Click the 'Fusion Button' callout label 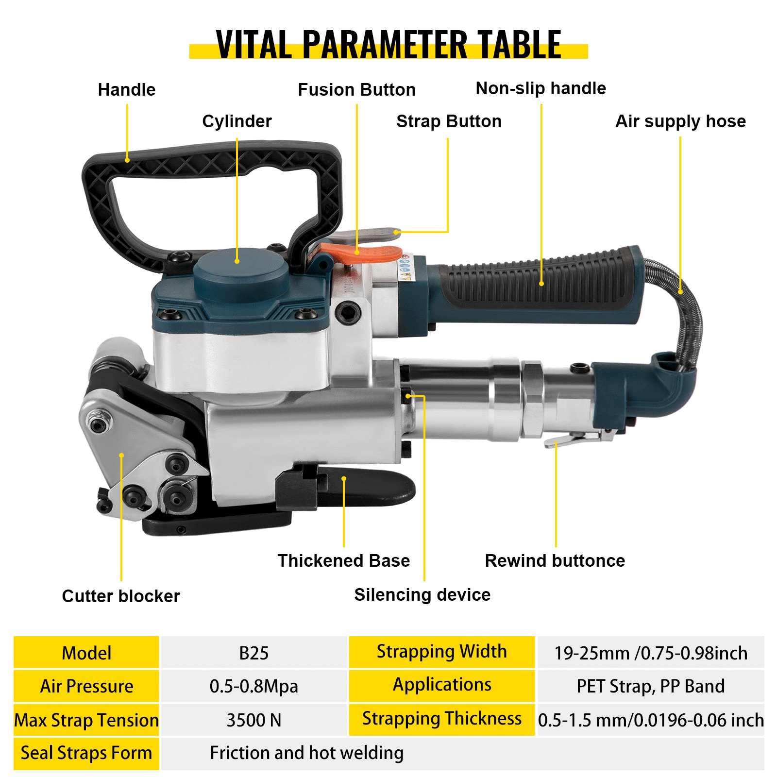click(x=356, y=90)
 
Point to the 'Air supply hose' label click(x=680, y=121)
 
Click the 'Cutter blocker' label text click(x=121, y=596)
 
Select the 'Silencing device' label click(x=422, y=594)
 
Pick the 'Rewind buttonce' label click(x=555, y=560)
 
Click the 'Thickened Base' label click(x=343, y=560)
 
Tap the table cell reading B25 click(x=253, y=653)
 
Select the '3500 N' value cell click(x=253, y=720)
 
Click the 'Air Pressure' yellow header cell click(x=86, y=686)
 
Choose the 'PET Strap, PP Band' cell click(x=650, y=686)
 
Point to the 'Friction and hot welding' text click(x=306, y=753)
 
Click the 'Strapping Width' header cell click(x=441, y=652)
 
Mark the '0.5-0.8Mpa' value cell click(x=253, y=686)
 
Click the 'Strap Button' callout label click(x=449, y=121)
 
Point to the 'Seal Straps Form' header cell click(x=86, y=753)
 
